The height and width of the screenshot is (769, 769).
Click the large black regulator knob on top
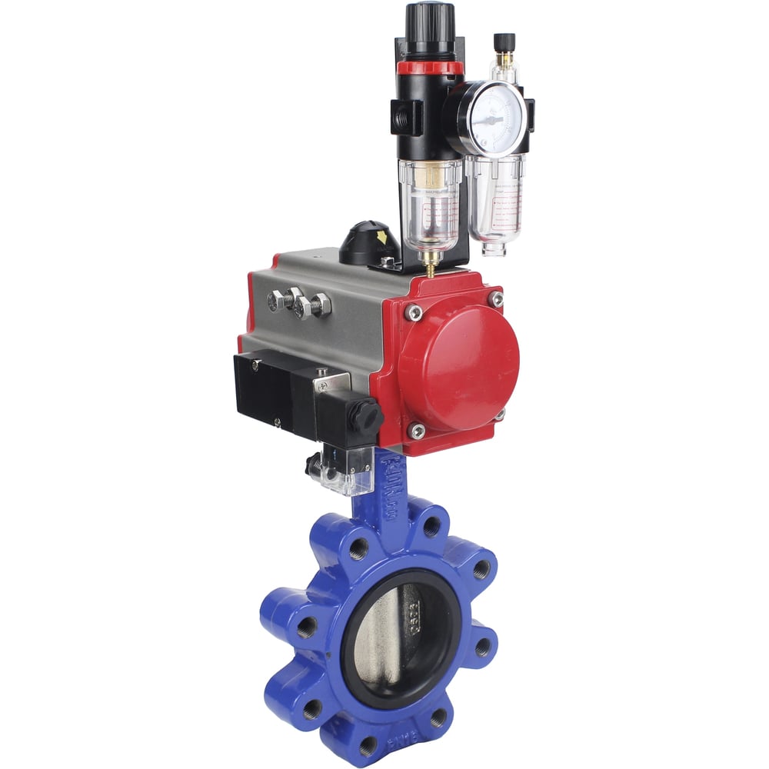[x=429, y=27]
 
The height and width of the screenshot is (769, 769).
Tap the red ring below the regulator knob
[x=430, y=68]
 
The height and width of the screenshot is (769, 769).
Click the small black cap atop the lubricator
[x=504, y=42]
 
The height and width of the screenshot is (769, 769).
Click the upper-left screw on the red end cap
[x=414, y=311]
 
